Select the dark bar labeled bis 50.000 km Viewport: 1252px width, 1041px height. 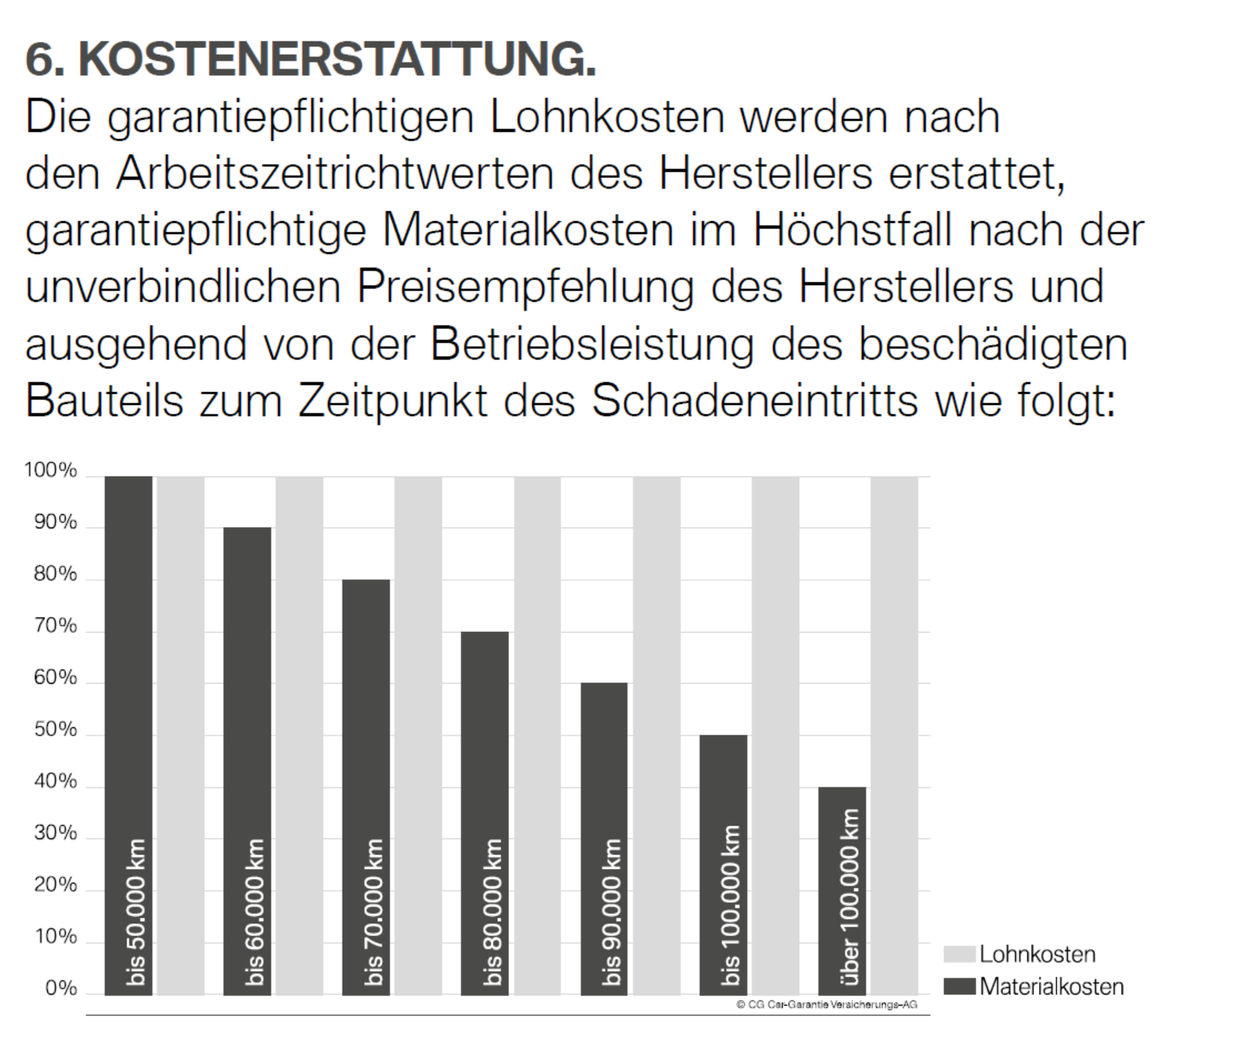pos(128,735)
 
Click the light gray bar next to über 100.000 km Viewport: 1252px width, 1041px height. pos(894,735)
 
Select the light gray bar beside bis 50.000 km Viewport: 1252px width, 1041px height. pos(181,735)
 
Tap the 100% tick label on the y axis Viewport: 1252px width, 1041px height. pos(50,471)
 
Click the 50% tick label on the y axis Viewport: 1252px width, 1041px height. pos(55,730)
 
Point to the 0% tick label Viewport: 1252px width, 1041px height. pos(61,988)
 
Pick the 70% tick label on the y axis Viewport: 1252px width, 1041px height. pos(55,626)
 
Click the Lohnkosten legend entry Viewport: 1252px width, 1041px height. pos(1037,954)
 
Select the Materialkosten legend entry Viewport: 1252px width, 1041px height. pos(1051,986)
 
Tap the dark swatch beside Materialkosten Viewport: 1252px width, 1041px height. pos(960,986)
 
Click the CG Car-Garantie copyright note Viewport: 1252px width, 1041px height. pos(827,1004)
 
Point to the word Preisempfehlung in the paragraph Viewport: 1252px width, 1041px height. pos(525,287)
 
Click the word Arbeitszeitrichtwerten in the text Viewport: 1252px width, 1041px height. pos(334,174)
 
